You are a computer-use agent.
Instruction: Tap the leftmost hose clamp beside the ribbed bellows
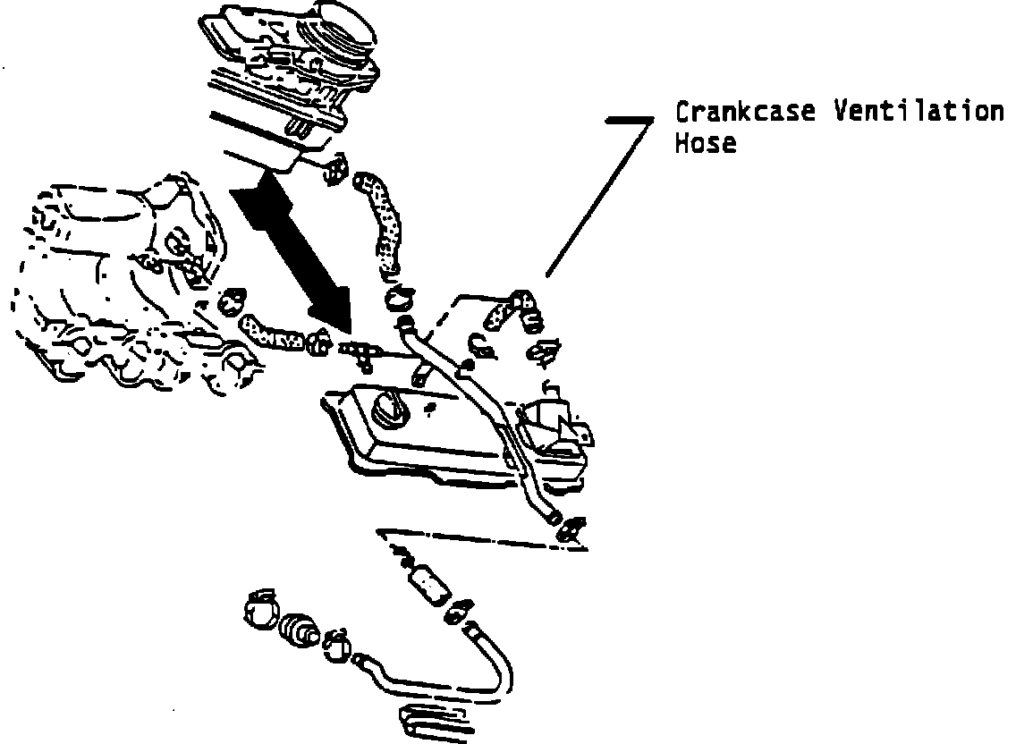click(260, 611)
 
